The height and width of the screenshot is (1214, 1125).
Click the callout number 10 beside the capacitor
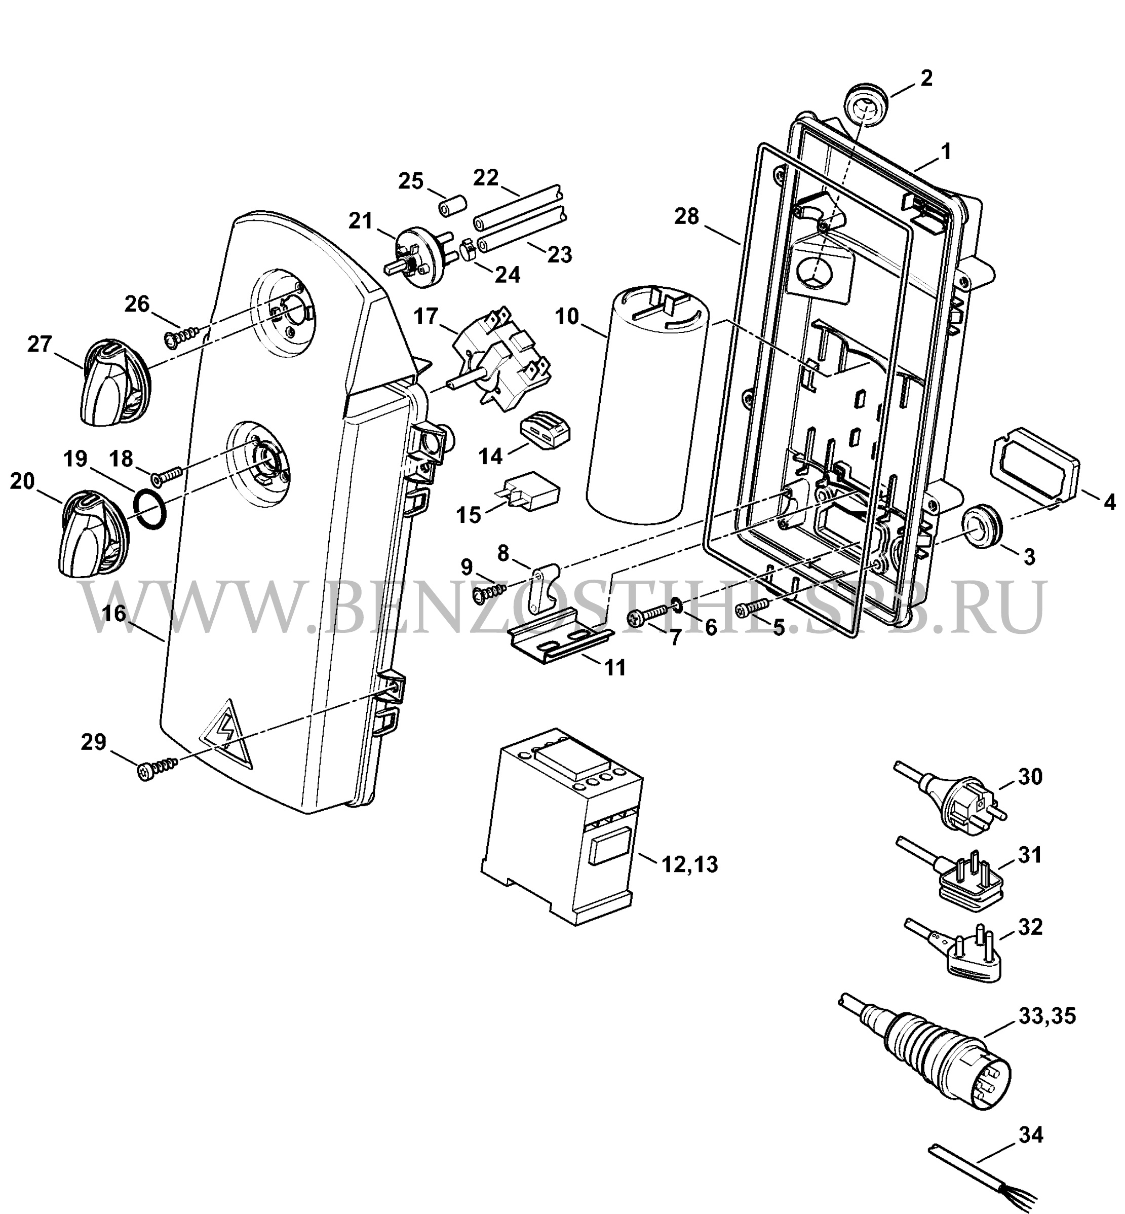click(x=567, y=317)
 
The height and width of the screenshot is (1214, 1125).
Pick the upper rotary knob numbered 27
click(x=112, y=384)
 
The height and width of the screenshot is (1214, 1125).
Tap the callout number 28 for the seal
click(x=687, y=216)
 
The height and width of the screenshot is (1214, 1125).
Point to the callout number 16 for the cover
click(x=114, y=613)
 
